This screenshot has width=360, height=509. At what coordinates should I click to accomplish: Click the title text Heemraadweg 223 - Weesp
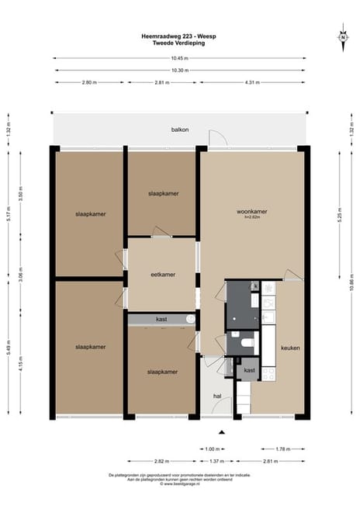(179, 36)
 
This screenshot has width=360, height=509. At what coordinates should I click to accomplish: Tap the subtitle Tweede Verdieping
(179, 43)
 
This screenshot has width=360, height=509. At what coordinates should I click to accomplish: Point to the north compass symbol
(341, 37)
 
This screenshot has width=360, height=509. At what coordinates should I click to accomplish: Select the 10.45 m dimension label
(179, 58)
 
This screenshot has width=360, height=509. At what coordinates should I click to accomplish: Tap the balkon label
(180, 130)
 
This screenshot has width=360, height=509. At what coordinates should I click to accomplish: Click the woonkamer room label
(252, 211)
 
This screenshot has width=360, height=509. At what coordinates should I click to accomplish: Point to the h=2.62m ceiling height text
(252, 218)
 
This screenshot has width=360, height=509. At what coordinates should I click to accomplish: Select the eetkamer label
(162, 274)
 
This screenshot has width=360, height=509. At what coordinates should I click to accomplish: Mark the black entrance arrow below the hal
(221, 431)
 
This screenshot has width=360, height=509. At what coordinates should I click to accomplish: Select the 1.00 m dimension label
(211, 448)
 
